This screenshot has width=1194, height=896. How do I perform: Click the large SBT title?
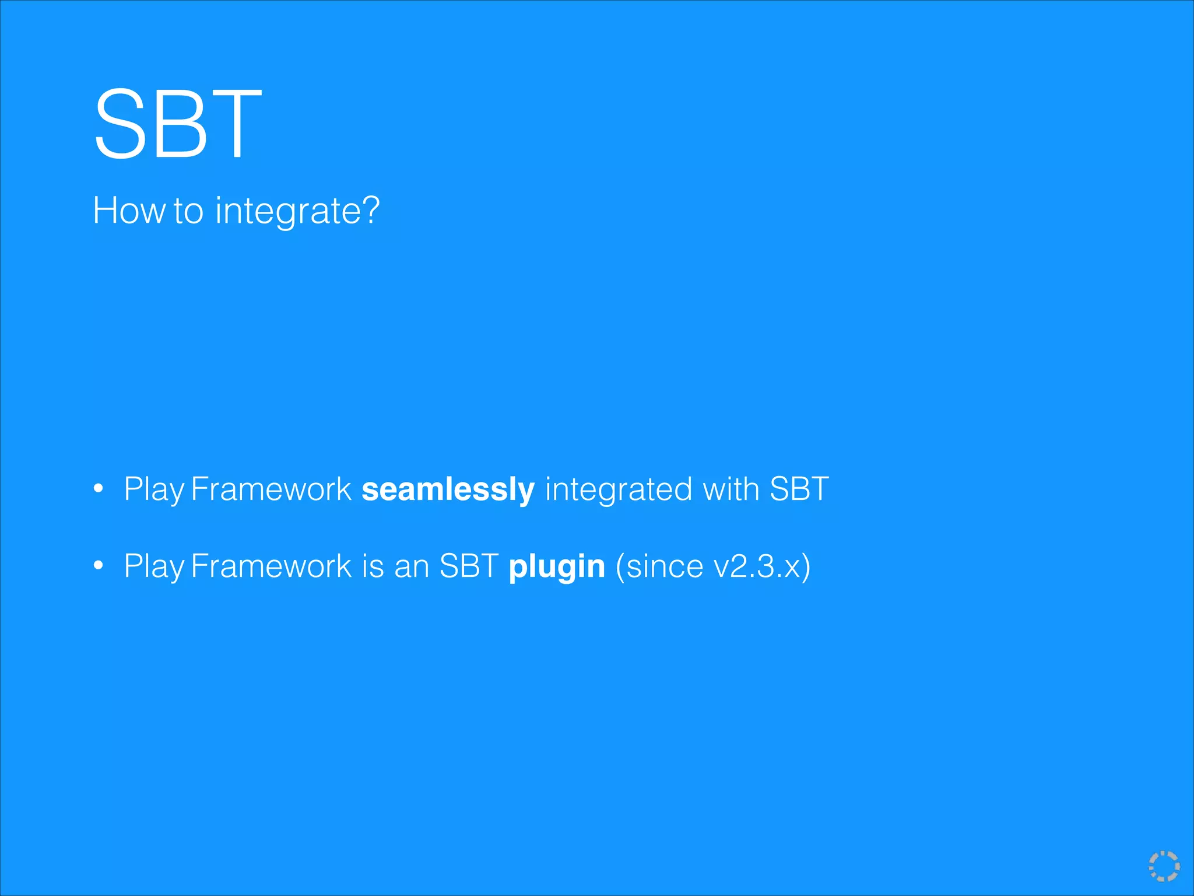tap(178, 124)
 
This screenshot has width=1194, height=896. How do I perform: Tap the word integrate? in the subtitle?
tap(297, 211)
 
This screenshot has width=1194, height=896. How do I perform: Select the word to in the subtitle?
tap(188, 211)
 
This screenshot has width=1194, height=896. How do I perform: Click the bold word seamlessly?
tap(448, 489)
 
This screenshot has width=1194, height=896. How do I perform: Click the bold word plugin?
tap(557, 567)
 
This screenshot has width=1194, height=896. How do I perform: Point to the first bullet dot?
tap(99, 488)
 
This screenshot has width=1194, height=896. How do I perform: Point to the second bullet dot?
tap(99, 565)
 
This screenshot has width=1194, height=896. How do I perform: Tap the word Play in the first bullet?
tap(154, 489)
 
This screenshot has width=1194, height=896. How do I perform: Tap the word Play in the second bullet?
tap(154, 566)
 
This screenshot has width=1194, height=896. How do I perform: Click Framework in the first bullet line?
tap(271, 489)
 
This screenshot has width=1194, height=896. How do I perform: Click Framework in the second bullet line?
tap(271, 566)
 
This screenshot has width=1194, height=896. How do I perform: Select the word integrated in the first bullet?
tap(619, 489)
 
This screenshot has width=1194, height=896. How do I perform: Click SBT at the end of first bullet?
tap(799, 489)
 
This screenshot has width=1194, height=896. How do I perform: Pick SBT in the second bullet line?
tap(469, 566)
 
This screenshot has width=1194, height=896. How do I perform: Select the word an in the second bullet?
tap(412, 566)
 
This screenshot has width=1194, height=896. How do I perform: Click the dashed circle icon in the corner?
tap(1164, 866)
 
